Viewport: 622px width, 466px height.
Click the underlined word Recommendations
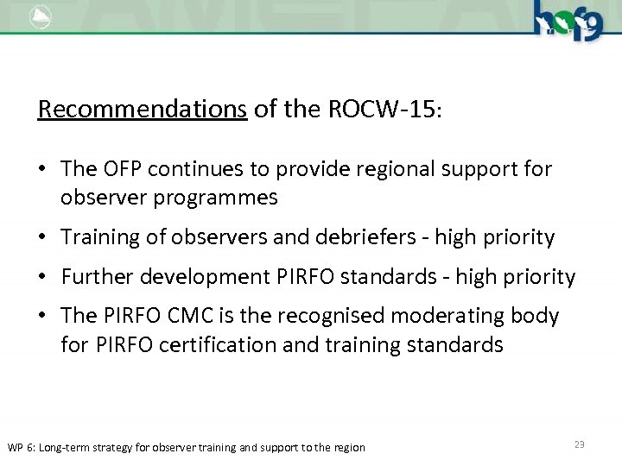(x=143, y=110)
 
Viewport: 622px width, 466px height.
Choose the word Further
(x=96, y=277)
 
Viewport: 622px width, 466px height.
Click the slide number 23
(x=579, y=444)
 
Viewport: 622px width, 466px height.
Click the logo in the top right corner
(x=568, y=19)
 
